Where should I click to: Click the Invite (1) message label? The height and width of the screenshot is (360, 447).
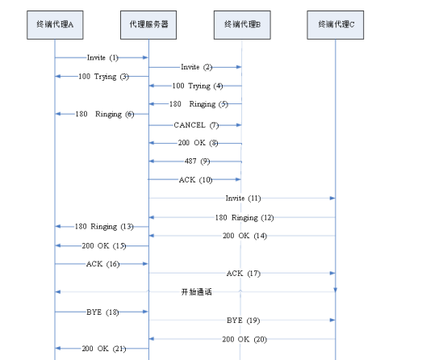[102, 57]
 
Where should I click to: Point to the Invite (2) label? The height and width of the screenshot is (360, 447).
[196, 67]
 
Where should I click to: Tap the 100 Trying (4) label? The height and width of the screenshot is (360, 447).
[194, 86]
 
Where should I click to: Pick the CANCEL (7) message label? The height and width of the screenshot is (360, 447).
[196, 125]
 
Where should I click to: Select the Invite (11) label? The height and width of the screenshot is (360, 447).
[241, 198]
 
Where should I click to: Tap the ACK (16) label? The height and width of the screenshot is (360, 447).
[102, 263]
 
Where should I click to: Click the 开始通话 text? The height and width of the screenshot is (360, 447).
[196, 291]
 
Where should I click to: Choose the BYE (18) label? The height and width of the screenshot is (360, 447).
[102, 311]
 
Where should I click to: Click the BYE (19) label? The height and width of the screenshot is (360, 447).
[241, 320]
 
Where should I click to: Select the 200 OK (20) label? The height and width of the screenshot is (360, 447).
[243, 339]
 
